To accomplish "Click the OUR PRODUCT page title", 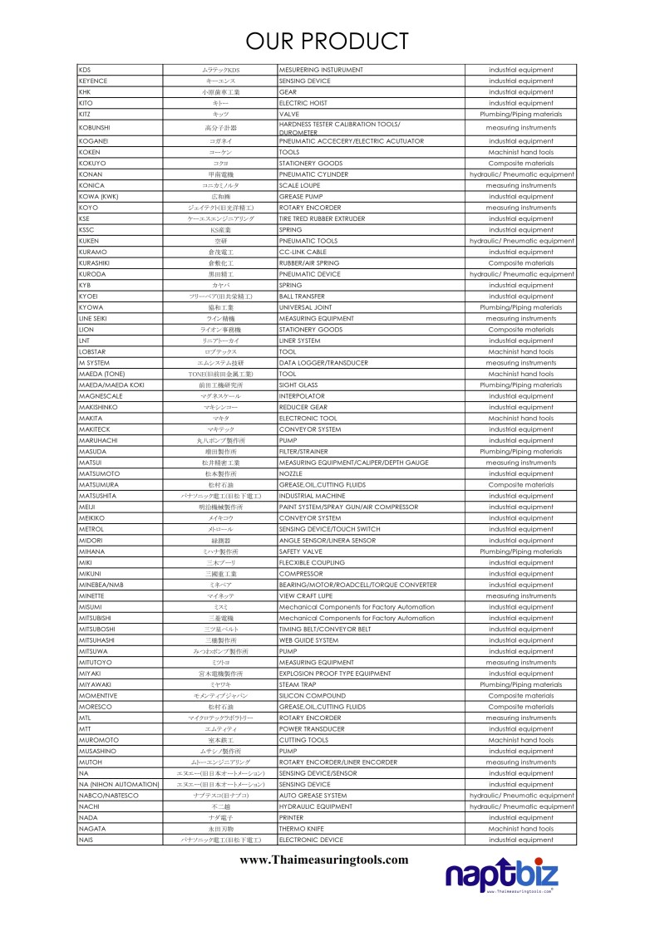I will tap(327, 41).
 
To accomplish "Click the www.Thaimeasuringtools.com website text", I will tap(324, 859).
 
